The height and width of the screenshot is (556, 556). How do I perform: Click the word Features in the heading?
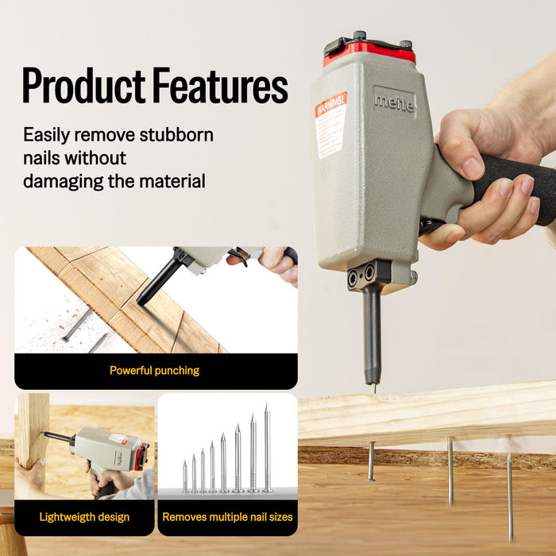point(218,86)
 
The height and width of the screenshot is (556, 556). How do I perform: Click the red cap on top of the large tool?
point(369,52)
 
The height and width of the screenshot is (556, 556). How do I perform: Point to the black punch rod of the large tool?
point(372,334)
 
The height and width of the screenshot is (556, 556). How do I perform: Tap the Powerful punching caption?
point(155,370)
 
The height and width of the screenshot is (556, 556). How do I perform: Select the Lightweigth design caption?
point(84,517)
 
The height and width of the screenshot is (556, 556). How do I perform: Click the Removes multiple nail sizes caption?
point(227,517)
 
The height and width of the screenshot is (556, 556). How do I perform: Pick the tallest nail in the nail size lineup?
point(267,449)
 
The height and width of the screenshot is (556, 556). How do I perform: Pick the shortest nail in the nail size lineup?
point(185,476)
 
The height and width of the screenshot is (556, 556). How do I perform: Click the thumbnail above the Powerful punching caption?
point(156,300)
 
